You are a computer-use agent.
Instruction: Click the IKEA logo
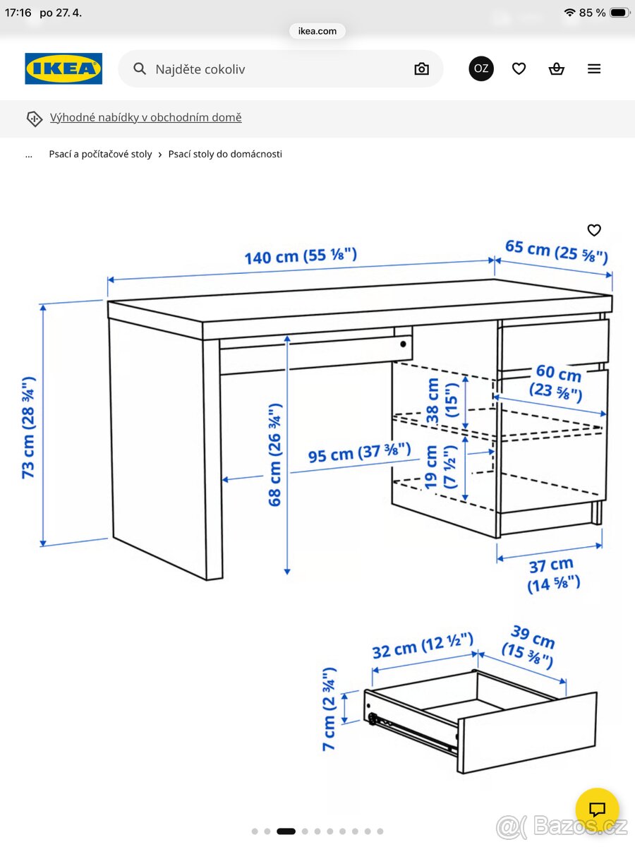click(64, 68)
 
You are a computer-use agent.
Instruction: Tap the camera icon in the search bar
click(421, 68)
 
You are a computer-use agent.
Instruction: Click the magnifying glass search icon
click(140, 68)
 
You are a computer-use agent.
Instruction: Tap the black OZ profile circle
click(481, 68)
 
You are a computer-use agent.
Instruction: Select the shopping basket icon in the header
click(557, 68)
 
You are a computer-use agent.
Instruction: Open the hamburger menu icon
click(594, 68)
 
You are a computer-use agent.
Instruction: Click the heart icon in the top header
click(519, 68)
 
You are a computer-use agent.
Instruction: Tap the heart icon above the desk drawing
click(594, 230)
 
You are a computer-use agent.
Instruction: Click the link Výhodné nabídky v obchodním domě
click(145, 117)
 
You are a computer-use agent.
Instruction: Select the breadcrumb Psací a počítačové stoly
click(100, 154)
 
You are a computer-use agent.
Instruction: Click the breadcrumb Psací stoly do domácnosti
click(225, 154)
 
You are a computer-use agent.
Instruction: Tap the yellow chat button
click(597, 809)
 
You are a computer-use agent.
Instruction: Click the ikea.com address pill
click(317, 31)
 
